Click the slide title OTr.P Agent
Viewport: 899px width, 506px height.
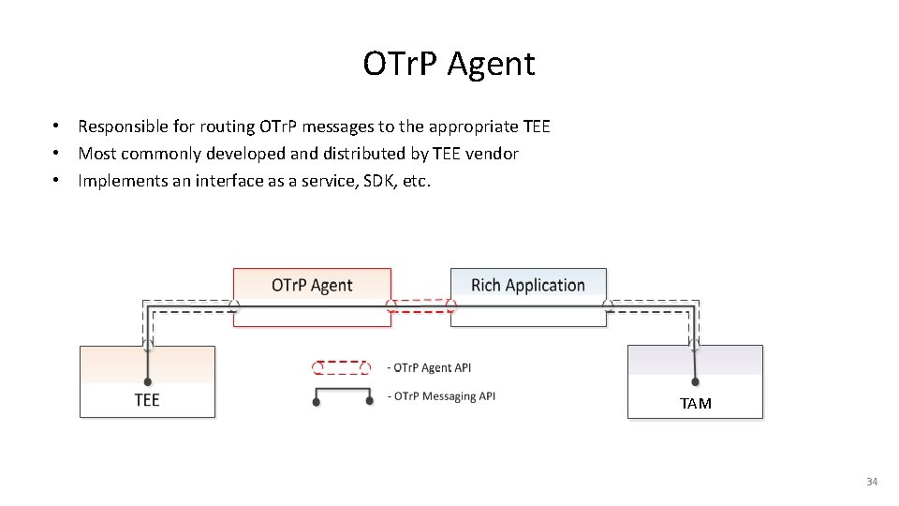pyautogui.click(x=449, y=64)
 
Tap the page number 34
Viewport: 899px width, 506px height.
pyautogui.click(x=872, y=482)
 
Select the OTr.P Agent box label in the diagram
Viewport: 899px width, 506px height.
pyautogui.click(x=312, y=285)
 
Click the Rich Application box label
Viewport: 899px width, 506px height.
pyautogui.click(x=528, y=285)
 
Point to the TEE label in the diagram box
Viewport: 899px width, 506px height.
pyautogui.click(x=147, y=400)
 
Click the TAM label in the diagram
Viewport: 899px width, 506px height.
pyautogui.click(x=696, y=404)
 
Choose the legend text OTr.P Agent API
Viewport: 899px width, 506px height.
pyautogui.click(x=430, y=368)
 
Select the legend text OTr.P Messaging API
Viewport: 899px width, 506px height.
pyautogui.click(x=442, y=396)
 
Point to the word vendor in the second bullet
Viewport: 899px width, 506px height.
pyautogui.click(x=494, y=154)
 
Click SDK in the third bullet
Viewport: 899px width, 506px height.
pyautogui.click(x=377, y=181)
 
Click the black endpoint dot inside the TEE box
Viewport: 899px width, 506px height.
pyautogui.click(x=148, y=381)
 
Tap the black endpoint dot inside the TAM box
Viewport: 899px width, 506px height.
pyautogui.click(x=696, y=381)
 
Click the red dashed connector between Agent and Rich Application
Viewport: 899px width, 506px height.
pyautogui.click(x=420, y=305)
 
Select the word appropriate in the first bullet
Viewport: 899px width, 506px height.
pyautogui.click(x=474, y=126)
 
